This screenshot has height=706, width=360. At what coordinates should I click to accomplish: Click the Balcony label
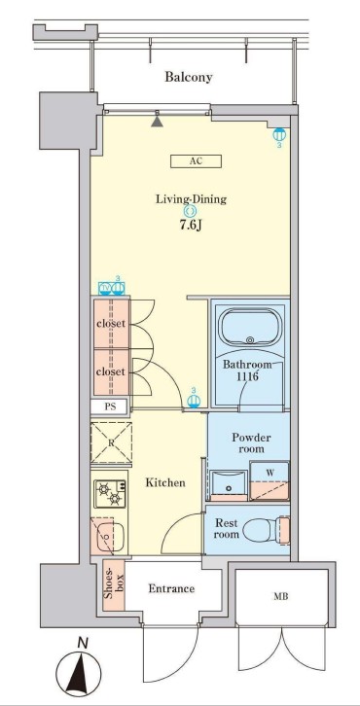click(189, 77)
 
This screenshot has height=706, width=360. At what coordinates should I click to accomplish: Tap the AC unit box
click(196, 161)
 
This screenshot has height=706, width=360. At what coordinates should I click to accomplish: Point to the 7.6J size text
click(191, 225)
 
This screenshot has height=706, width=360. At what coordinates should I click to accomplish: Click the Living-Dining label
click(191, 199)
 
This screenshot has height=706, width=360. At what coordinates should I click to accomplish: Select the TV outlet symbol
click(105, 288)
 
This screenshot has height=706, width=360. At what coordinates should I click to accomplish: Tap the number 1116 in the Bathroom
click(247, 376)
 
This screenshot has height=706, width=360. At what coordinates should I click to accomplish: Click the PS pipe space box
click(110, 406)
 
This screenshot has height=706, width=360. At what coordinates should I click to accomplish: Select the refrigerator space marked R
click(111, 443)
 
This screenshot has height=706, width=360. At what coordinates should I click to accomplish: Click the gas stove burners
click(110, 494)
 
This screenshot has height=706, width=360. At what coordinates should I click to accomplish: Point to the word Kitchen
click(165, 483)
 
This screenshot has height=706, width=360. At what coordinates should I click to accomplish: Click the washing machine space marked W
click(270, 480)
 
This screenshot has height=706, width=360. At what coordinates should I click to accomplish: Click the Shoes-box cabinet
click(114, 584)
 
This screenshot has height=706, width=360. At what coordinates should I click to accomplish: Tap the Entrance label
click(171, 588)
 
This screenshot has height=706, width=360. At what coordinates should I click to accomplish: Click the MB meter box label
click(280, 597)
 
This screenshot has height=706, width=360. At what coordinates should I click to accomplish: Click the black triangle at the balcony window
click(157, 121)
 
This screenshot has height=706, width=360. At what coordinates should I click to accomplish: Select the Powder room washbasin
click(229, 485)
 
